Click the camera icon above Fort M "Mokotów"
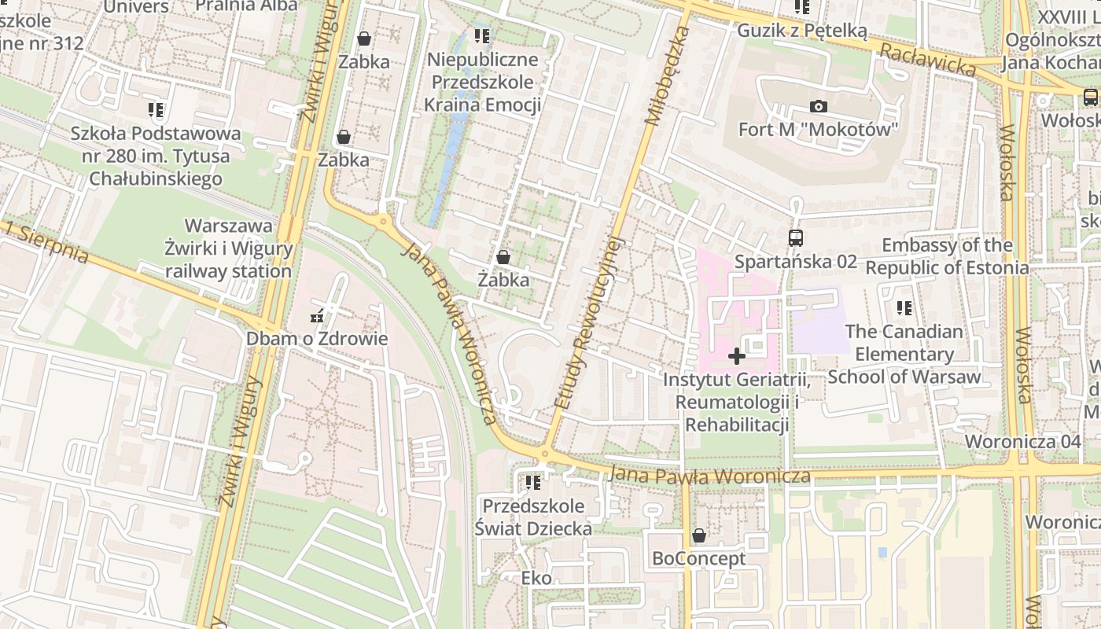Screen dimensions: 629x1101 pyautogui.click(x=818, y=106)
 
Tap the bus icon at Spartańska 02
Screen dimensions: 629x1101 pyautogui.click(x=796, y=237)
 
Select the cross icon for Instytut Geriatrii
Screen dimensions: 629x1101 pyautogui.click(x=736, y=356)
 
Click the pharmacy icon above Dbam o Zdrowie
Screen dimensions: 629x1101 pyautogui.click(x=317, y=316)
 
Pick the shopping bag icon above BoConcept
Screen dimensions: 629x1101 pyautogui.click(x=698, y=535)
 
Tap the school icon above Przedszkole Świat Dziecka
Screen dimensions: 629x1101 pyautogui.click(x=533, y=482)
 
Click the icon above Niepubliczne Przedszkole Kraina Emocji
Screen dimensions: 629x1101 pyautogui.click(x=482, y=36)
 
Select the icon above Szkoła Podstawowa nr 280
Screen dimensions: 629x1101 pyautogui.click(x=156, y=110)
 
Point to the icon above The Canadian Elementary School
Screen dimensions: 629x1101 pyautogui.click(x=904, y=308)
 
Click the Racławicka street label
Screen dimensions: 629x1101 pyautogui.click(x=927, y=60)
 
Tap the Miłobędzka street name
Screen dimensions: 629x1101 pyautogui.click(x=667, y=75)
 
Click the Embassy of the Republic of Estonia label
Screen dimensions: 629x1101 pyautogui.click(x=947, y=256)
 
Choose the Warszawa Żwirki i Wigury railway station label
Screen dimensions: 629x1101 pyautogui.click(x=228, y=248)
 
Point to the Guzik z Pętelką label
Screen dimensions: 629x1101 pyautogui.click(x=801, y=31)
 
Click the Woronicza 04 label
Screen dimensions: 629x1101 pyautogui.click(x=1022, y=441)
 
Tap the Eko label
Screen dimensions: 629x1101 pyautogui.click(x=536, y=579)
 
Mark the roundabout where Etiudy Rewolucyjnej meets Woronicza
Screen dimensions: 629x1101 pyautogui.click(x=544, y=454)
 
